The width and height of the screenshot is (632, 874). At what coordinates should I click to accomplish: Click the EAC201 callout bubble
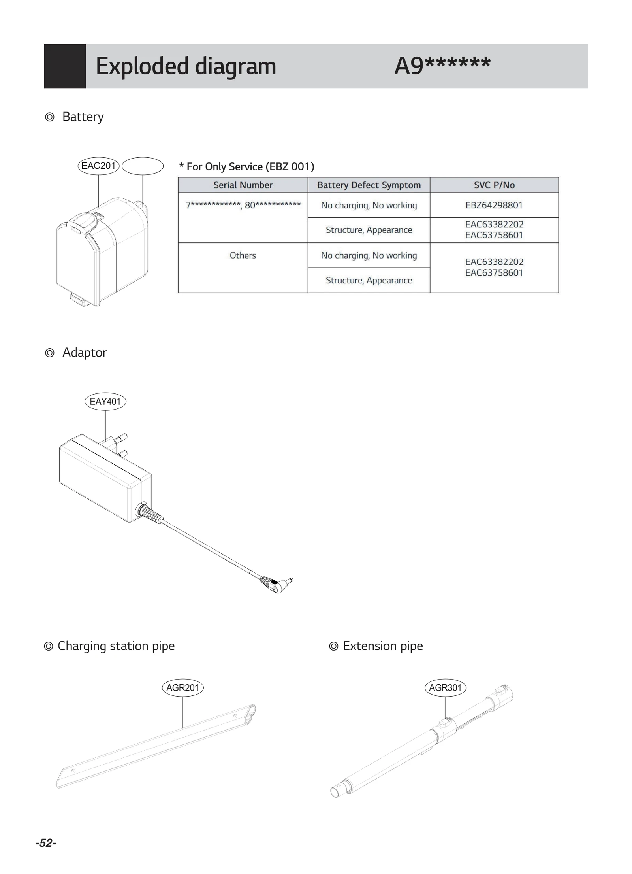coord(98,166)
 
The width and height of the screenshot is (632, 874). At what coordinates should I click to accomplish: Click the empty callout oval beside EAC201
coord(143,166)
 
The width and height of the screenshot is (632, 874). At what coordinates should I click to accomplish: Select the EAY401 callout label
coord(105,402)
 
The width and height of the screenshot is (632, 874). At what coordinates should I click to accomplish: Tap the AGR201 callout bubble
coord(182,687)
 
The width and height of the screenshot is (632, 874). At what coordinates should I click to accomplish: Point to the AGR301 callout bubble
coord(445,687)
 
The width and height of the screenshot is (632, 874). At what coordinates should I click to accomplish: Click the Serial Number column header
coord(243,185)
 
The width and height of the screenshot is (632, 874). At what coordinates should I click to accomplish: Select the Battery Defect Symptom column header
coord(369,185)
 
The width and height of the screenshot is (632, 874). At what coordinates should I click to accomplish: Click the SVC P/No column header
coord(494,185)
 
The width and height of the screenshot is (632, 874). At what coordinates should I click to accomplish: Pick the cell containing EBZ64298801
coord(494,205)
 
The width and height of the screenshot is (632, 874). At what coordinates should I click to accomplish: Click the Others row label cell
coord(243,255)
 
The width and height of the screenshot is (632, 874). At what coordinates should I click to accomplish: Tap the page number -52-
coord(46,843)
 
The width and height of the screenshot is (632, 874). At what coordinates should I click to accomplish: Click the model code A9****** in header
coord(442,66)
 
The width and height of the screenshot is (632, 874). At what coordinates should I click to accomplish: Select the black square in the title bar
coord(65,66)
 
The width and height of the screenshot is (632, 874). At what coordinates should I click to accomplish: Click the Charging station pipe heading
coord(116,646)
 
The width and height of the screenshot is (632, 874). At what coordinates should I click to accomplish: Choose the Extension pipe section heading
coord(382,646)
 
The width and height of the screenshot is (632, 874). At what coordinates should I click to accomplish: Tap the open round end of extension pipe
coord(335,792)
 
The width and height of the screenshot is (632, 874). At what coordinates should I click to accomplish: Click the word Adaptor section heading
coord(85,353)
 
